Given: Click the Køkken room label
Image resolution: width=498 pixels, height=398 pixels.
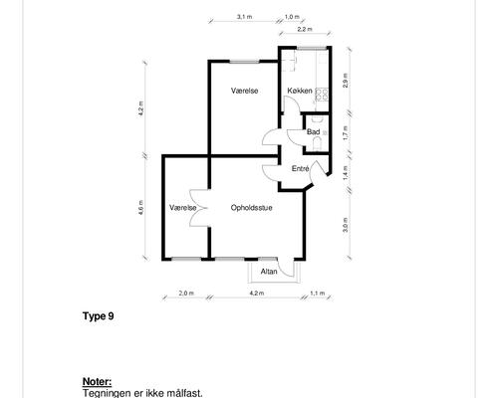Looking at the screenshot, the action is tap(300, 91).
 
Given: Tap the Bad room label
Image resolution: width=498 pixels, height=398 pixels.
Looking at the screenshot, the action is tap(313, 132).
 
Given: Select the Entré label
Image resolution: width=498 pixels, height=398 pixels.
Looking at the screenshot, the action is tap(301, 169).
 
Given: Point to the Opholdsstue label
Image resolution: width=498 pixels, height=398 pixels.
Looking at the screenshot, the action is tap(252, 208).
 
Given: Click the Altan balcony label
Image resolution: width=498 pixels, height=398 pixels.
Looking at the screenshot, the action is tap(269, 272).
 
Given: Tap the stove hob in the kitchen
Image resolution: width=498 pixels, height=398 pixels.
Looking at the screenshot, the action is tap(322, 94).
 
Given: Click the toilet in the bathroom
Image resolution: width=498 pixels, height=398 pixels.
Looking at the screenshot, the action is tap(317, 144).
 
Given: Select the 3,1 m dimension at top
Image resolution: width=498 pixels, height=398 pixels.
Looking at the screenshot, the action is tap(244, 16).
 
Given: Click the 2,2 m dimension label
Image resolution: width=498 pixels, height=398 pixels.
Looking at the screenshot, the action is tap(305, 29).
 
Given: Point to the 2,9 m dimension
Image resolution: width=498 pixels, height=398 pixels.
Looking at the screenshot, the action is tap(346, 80).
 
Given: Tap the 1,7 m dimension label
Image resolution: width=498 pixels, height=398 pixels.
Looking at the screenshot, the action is tap(346, 132).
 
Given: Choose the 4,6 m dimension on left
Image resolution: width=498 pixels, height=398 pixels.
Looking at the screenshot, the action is tap(141, 207).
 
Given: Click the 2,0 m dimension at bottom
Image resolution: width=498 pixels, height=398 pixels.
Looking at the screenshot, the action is tap(186, 294).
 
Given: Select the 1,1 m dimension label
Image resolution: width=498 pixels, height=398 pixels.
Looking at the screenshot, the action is tap(318, 294).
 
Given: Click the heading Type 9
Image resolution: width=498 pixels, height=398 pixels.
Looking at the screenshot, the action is tap(99, 316).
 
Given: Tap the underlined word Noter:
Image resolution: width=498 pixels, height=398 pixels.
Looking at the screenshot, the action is tap(97, 382).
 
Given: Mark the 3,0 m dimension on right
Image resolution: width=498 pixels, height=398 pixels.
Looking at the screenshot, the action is tap(346, 225).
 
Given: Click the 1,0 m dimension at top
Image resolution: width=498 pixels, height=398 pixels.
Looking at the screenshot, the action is tap(292, 16).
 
